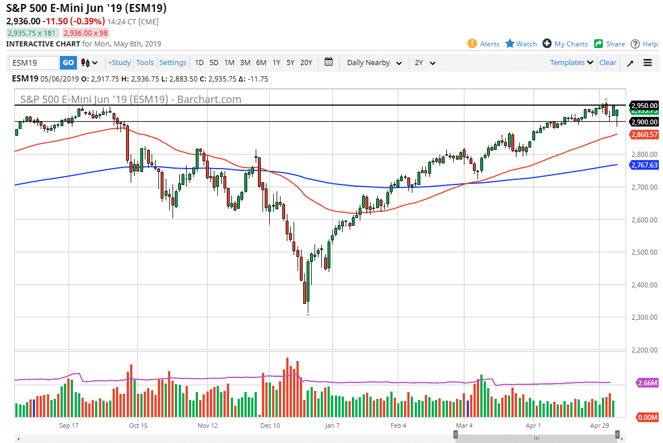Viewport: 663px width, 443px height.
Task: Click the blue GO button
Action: point(68,63)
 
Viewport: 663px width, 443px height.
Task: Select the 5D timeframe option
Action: point(214,63)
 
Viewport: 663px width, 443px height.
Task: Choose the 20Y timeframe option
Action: point(306,63)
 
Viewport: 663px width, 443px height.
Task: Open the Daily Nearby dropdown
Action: point(374,63)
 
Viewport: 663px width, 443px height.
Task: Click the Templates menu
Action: point(571,63)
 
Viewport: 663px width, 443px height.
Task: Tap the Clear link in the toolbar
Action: point(608,63)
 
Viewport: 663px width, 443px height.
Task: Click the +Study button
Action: point(119,63)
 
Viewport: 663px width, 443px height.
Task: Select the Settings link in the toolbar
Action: point(173,63)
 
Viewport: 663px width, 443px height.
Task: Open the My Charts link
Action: point(565,44)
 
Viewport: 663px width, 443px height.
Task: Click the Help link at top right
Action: point(644,44)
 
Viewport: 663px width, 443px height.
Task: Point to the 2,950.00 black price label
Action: point(644,105)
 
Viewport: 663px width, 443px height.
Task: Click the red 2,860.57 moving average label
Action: point(644,135)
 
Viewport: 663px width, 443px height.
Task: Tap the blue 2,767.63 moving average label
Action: point(644,165)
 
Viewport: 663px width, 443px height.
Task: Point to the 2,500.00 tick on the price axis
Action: point(644,252)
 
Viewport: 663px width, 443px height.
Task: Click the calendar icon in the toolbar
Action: point(329,62)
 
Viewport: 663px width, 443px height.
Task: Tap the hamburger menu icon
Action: point(648,63)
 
